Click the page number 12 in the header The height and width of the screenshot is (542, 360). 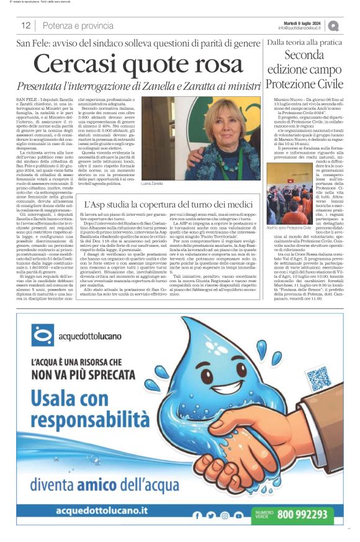tap(26, 25)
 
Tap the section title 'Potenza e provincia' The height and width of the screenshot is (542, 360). tap(78, 25)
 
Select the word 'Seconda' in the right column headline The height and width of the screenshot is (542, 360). tap(304, 55)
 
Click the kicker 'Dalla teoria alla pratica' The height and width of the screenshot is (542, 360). tap(304, 42)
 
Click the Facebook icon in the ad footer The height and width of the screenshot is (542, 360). tap(197, 515)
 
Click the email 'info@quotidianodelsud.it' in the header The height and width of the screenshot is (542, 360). tap(300, 28)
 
